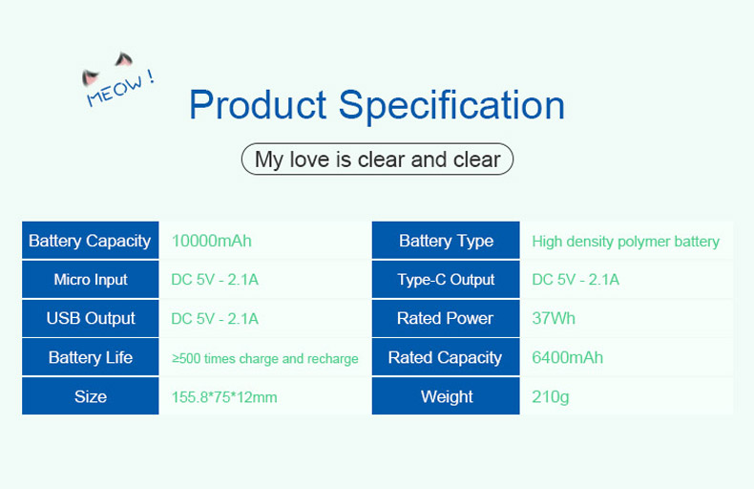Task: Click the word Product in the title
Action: pos(259,104)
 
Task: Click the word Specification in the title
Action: pos(451,107)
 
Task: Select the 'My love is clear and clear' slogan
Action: pos(378,159)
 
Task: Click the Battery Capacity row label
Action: pos(90,241)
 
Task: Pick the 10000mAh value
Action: pos(212,241)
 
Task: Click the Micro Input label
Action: pos(91,280)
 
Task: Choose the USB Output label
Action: pos(91,318)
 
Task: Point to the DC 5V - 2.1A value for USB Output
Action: pos(215,319)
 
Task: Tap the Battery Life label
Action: pos(91,357)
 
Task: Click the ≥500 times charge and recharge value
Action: pos(265,358)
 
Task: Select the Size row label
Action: pos(91,396)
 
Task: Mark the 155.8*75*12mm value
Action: pos(224,397)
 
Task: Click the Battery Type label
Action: pos(447,241)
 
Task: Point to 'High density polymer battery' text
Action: pos(625,242)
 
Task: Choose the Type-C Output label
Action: pos(446,280)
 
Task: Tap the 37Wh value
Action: pos(554,318)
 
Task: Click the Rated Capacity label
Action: pos(445,357)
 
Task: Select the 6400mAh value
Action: pos(568,357)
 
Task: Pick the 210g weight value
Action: pos(551,396)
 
